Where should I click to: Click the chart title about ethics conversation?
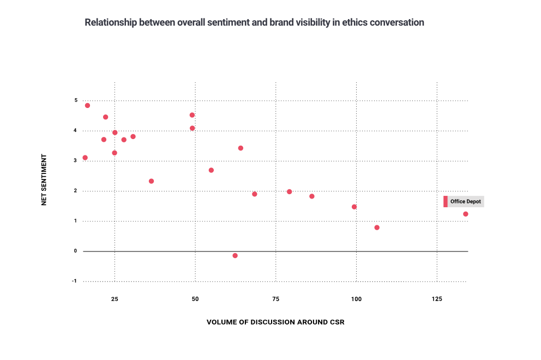pyautogui.click(x=254, y=23)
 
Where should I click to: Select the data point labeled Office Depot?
pyautogui.click(x=465, y=214)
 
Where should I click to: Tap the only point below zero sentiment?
pyautogui.click(x=235, y=255)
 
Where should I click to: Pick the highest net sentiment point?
pyautogui.click(x=87, y=105)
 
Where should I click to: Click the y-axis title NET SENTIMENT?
pyautogui.click(x=44, y=179)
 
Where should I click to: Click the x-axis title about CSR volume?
pyautogui.click(x=275, y=322)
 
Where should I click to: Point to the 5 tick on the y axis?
pyautogui.click(x=76, y=100)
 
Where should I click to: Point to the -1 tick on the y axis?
pyautogui.click(x=75, y=281)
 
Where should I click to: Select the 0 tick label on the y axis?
pyautogui.click(x=76, y=251)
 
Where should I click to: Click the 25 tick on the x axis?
pyautogui.click(x=115, y=299)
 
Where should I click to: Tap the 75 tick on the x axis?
pyautogui.click(x=275, y=299)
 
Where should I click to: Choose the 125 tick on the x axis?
pyautogui.click(x=437, y=299)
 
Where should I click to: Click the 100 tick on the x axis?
pyautogui.click(x=356, y=299)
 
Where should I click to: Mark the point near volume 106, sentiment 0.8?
pyautogui.click(x=377, y=227)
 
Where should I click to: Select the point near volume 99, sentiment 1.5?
pyautogui.click(x=354, y=207)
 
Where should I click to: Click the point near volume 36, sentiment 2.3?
pyautogui.click(x=151, y=181)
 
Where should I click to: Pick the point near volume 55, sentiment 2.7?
pyautogui.click(x=211, y=170)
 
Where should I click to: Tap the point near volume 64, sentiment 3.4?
pyautogui.click(x=241, y=148)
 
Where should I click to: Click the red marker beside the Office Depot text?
pyautogui.click(x=446, y=202)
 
